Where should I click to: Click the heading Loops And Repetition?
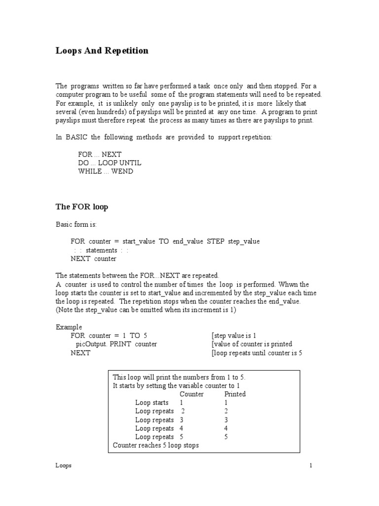pyautogui.click(x=102, y=51)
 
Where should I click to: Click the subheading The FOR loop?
pyautogui.click(x=81, y=207)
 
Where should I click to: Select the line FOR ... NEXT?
pyautogui.click(x=100, y=154)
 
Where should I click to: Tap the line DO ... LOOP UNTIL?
pyautogui.click(x=110, y=163)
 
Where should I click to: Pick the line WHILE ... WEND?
pyautogui.click(x=106, y=171)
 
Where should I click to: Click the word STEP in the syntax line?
pyautogui.click(x=214, y=241)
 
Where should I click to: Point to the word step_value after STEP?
pyautogui.click(x=244, y=241)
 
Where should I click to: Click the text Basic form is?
pyautogui.click(x=76, y=224)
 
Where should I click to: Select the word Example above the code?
pyautogui.click(x=69, y=327)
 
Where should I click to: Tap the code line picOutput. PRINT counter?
pyautogui.click(x=116, y=344)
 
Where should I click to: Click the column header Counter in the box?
pyautogui.click(x=191, y=394)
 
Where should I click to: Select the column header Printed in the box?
pyautogui.click(x=235, y=394)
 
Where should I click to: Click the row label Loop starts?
pyautogui.click(x=152, y=403)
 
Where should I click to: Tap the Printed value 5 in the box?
pyautogui.click(x=226, y=437)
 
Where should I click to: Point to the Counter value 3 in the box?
pyautogui.click(x=182, y=420)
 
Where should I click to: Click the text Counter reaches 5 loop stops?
pyautogui.click(x=156, y=445)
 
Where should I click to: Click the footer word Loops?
pyautogui.click(x=63, y=466)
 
